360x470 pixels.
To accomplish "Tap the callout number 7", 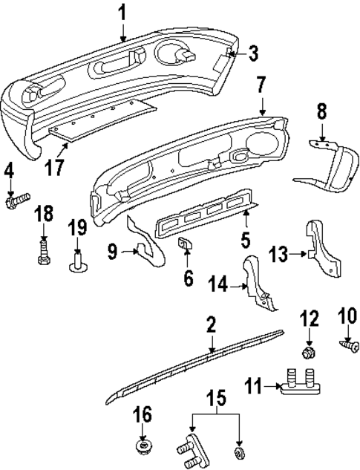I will pos(261,85).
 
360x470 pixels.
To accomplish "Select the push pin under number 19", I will pos(77,264).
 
